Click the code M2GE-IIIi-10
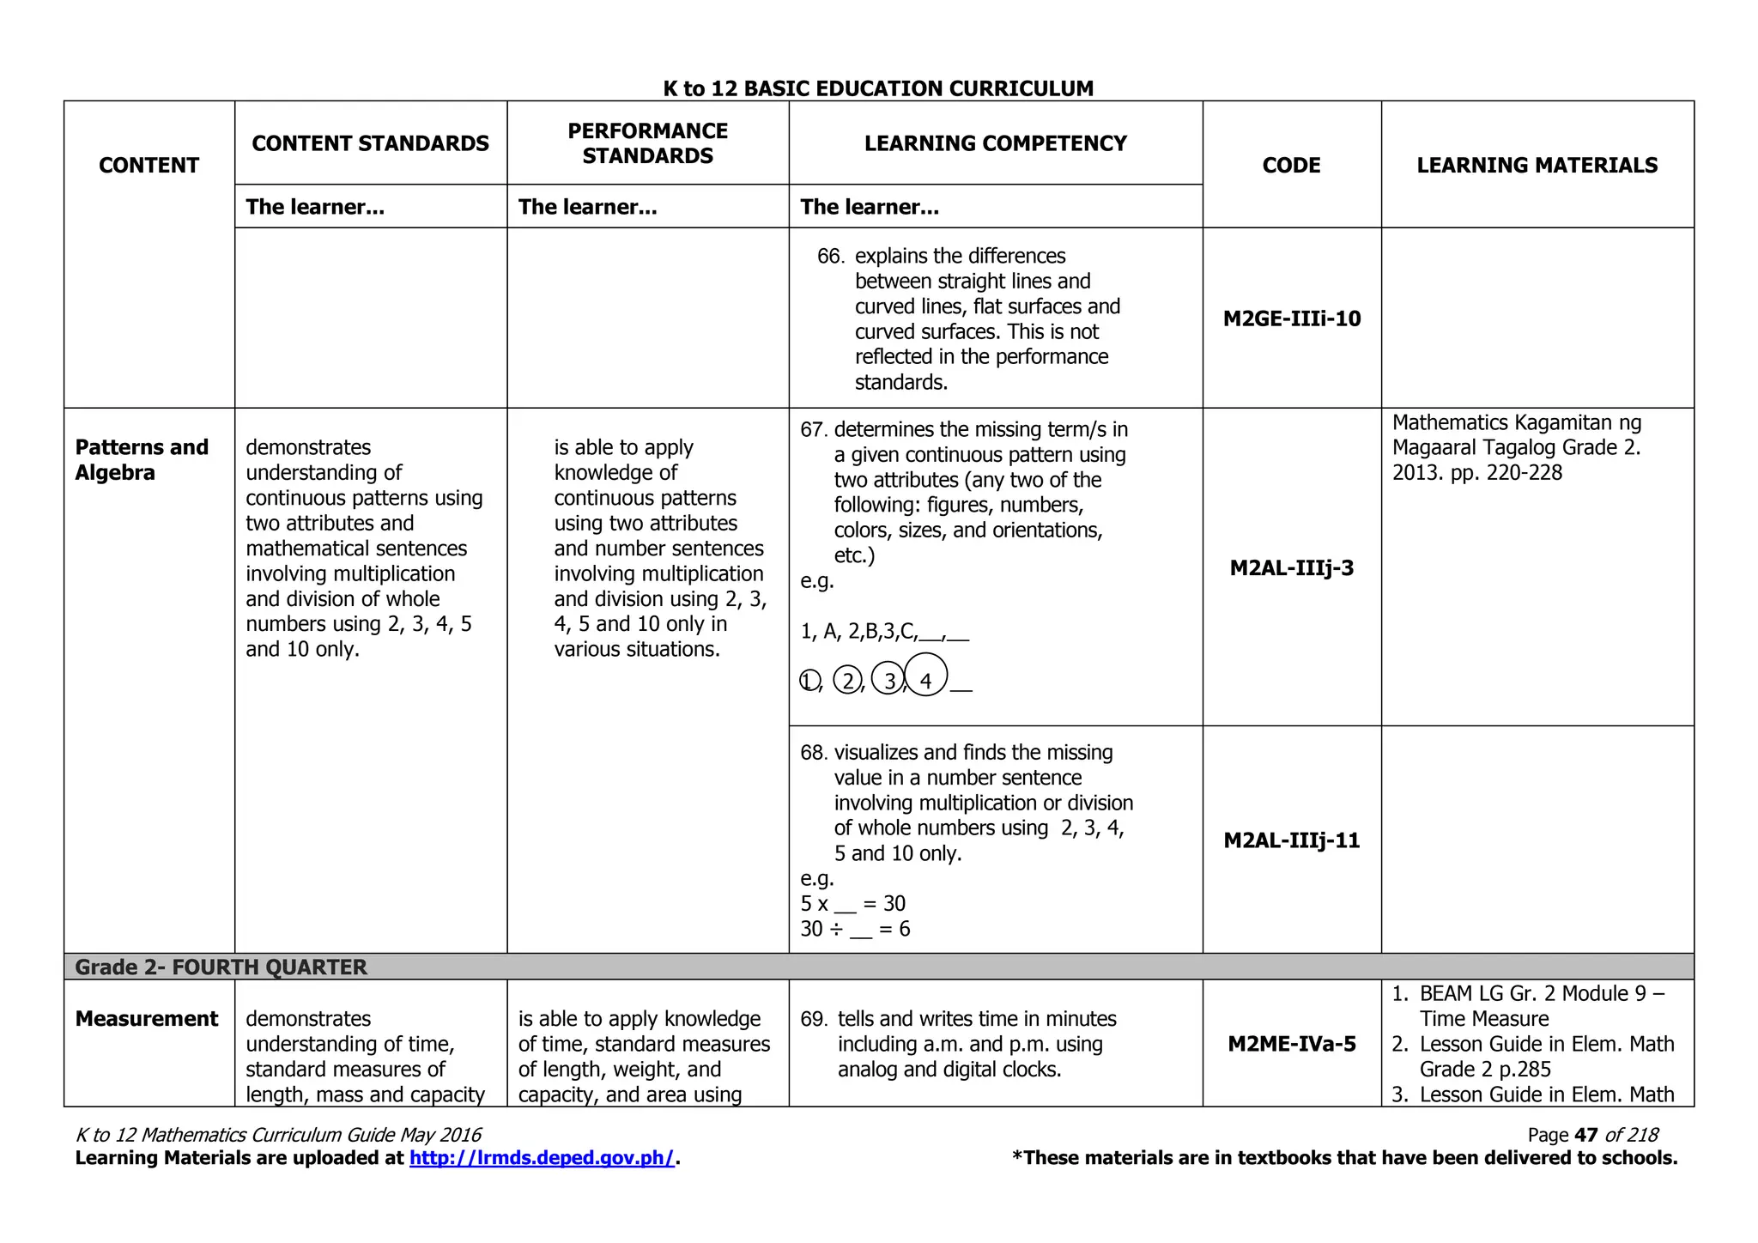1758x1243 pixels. tap(1291, 318)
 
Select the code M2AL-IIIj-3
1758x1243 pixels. tap(1291, 567)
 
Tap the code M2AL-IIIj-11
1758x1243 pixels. tap(1291, 840)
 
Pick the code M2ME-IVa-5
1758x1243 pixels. tap(1291, 1044)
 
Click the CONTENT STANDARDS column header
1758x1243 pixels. tap(370, 143)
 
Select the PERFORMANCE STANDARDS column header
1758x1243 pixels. tap(647, 143)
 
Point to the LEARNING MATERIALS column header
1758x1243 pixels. tap(1537, 165)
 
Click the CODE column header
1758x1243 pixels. tap(1291, 165)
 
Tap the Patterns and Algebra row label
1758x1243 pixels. tap(142, 460)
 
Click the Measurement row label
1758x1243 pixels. tap(147, 1019)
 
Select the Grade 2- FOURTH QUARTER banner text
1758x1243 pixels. tap(221, 967)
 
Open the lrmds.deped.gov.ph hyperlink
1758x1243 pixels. tap(542, 1158)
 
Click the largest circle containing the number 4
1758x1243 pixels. tap(925, 675)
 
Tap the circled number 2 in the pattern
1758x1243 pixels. tap(847, 680)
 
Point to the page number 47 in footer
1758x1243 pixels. tap(1585, 1135)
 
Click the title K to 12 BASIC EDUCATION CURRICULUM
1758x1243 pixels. tap(878, 88)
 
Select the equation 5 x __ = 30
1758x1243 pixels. tap(852, 904)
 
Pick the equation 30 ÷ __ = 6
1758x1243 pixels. tap(855, 929)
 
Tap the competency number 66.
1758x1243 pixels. tap(829, 257)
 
